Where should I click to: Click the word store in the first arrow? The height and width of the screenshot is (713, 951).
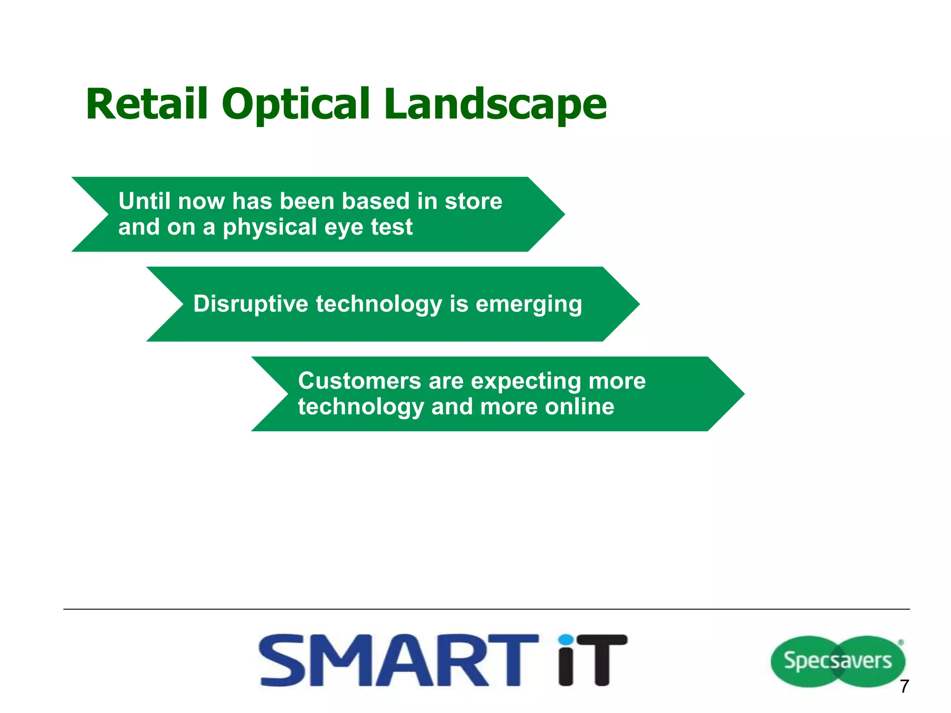click(x=473, y=201)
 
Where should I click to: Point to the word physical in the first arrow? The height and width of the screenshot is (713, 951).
click(x=269, y=227)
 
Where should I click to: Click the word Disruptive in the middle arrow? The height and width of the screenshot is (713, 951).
click(x=250, y=304)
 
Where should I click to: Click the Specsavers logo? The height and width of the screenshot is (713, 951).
click(x=837, y=661)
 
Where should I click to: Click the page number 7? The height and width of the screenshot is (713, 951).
click(x=904, y=687)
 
